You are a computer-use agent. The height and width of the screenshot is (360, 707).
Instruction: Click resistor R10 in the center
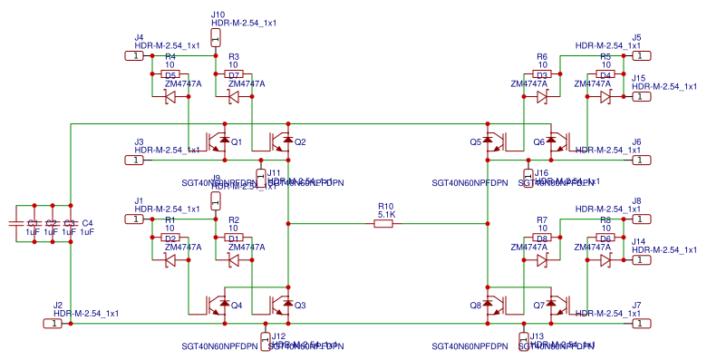(385, 223)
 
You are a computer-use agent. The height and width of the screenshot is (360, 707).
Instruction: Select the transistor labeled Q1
(218, 142)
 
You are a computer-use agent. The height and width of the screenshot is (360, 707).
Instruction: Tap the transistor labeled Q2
(282, 142)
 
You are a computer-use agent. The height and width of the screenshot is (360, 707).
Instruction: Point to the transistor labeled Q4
(218, 305)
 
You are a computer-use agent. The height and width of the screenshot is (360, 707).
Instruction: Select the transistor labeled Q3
(282, 305)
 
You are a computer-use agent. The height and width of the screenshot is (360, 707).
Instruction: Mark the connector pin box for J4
(133, 56)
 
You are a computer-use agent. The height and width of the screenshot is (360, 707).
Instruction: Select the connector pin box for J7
(641, 323)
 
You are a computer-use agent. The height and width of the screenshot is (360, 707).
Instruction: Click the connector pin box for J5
(641, 56)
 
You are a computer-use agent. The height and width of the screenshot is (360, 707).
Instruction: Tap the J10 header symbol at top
(216, 37)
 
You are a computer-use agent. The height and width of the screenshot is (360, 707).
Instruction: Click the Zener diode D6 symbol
(605, 259)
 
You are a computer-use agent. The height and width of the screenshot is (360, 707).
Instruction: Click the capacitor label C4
(87, 223)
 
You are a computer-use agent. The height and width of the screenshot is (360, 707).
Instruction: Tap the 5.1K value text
(386, 214)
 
